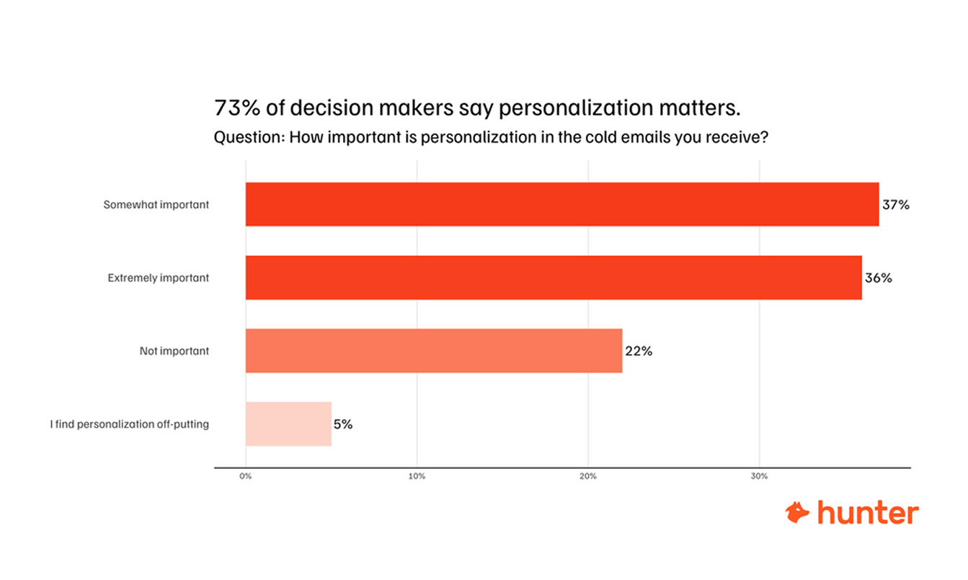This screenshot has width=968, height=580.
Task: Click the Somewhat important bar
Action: [x=562, y=204]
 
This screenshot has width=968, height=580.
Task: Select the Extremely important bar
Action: [x=554, y=278]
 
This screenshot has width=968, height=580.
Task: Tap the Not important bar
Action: [x=433, y=351]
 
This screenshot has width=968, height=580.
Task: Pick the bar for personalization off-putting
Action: [x=288, y=424]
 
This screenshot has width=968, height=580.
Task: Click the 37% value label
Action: [x=896, y=205]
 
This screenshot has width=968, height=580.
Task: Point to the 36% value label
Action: [x=879, y=278]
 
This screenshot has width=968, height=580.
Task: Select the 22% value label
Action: [x=639, y=351]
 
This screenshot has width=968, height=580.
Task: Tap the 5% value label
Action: [x=343, y=424]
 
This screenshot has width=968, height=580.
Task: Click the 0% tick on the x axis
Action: [x=246, y=477]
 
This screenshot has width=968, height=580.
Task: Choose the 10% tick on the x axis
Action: [x=417, y=477]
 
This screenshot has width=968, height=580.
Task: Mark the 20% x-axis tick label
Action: [x=588, y=477]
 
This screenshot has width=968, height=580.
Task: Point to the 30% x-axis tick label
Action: [x=759, y=477]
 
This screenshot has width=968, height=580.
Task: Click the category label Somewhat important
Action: [x=156, y=205]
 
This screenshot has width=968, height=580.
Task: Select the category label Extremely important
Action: [x=159, y=278]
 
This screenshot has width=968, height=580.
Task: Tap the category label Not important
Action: [x=174, y=351]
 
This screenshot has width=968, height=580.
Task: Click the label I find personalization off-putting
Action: [x=130, y=424]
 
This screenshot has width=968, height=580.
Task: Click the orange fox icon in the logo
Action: [x=798, y=512]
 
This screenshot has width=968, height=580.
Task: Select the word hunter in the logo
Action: [x=868, y=512]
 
